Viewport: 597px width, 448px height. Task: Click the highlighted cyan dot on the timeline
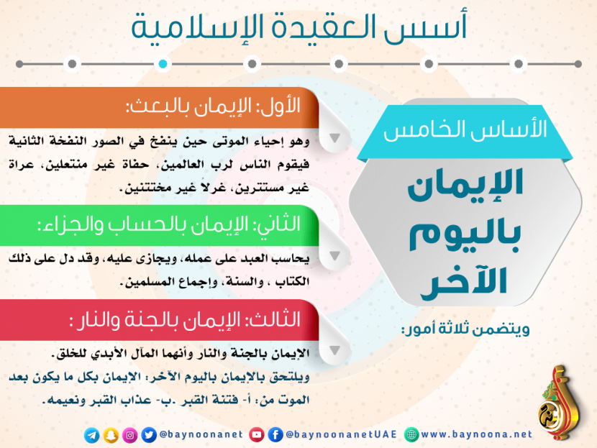point(163,63)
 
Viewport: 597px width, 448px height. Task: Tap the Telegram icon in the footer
point(92,435)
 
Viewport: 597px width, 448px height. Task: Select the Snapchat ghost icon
point(111,435)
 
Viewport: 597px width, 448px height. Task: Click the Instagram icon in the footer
point(130,435)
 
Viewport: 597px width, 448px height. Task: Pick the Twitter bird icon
point(149,435)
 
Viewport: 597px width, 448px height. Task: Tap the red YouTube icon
point(257,434)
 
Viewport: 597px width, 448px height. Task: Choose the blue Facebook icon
point(275,434)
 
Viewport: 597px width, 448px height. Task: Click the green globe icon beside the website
point(411,434)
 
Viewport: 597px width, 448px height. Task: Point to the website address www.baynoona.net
point(476,434)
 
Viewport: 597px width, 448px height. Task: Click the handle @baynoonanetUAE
point(341,434)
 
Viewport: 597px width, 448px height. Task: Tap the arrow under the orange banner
point(334,138)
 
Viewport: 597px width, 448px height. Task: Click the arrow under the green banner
point(334,256)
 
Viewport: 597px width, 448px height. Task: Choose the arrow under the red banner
point(334,350)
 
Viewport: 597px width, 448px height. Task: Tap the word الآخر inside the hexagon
point(464,282)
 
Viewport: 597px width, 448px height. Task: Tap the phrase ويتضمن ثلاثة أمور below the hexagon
point(465,329)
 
